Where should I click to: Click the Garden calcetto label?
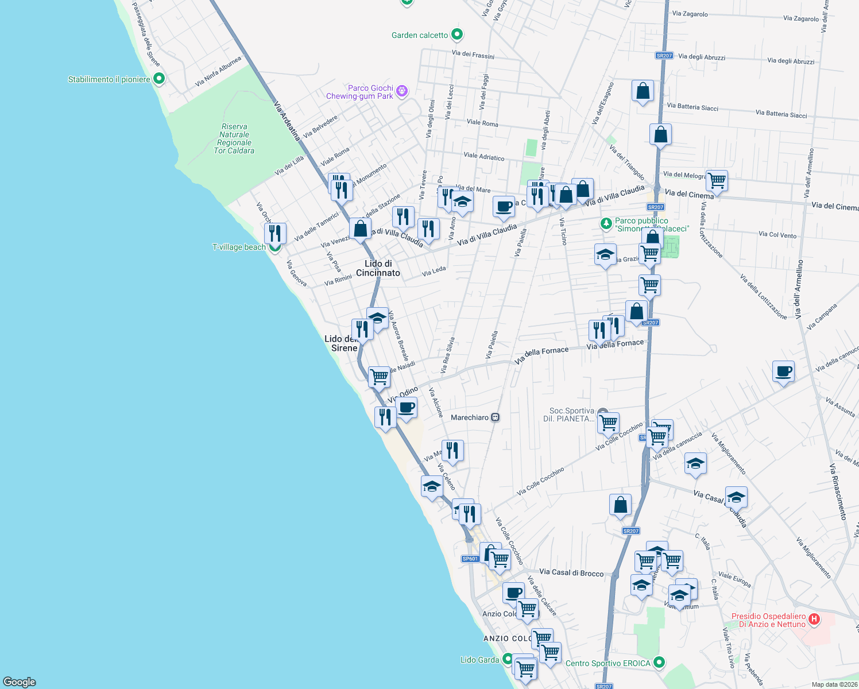click(x=420, y=36)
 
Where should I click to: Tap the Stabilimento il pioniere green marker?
click(x=159, y=79)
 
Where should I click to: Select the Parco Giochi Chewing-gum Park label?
click(x=360, y=92)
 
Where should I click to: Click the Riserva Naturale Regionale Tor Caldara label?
click(x=234, y=139)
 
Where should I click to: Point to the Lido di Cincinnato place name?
click(x=378, y=268)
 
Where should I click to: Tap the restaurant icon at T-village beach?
click(x=276, y=233)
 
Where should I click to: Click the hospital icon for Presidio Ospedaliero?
click(x=814, y=620)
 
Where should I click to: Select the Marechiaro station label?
click(x=470, y=417)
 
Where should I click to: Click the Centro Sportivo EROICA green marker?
click(x=659, y=663)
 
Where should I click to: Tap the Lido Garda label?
click(x=479, y=660)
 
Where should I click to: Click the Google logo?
click(x=20, y=682)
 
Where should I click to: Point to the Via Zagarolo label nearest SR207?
click(x=690, y=14)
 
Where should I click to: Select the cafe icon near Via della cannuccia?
click(x=783, y=372)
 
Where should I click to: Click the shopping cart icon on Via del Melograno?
click(x=717, y=180)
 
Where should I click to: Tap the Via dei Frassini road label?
click(x=473, y=55)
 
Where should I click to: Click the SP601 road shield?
click(x=470, y=559)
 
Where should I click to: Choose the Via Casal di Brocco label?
click(x=571, y=572)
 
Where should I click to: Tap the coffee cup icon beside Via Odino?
click(x=407, y=408)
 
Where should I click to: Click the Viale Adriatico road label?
click(x=483, y=156)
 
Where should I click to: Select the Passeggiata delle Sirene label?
click(x=146, y=34)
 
